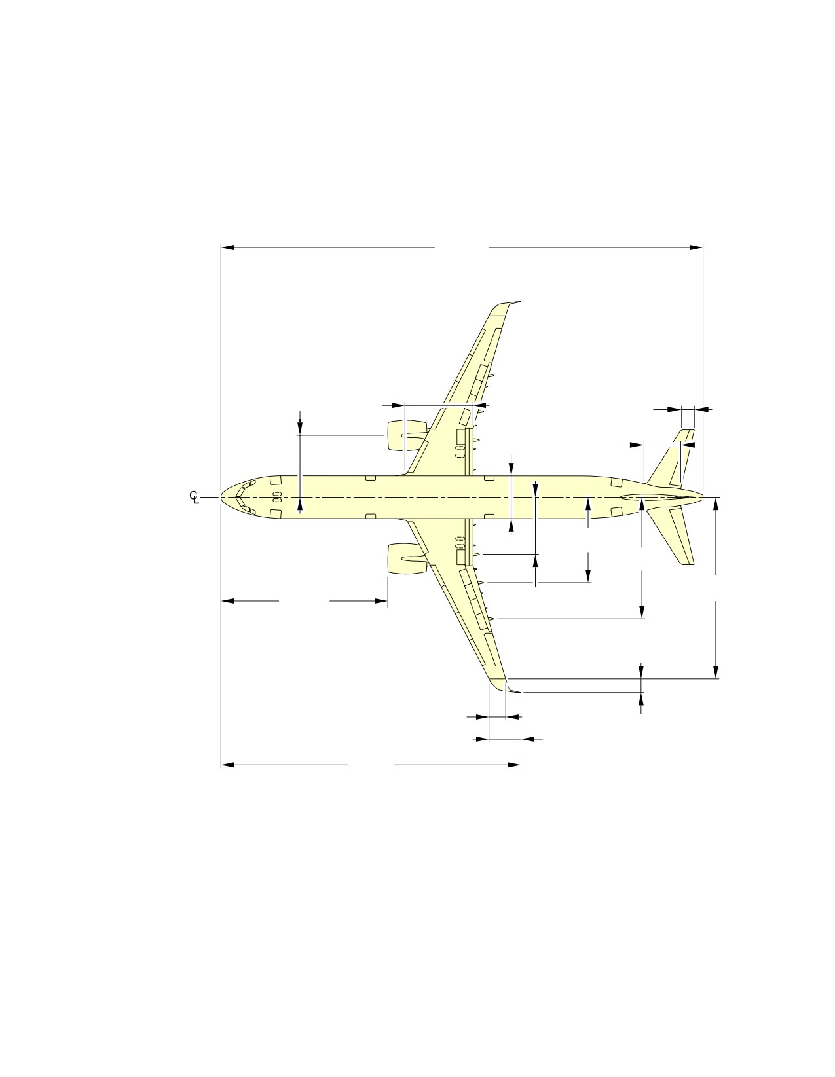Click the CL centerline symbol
195,497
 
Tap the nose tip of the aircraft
221,497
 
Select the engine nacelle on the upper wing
407,435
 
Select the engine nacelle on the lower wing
407,558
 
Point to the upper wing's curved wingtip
504,307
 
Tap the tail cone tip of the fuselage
702,497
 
